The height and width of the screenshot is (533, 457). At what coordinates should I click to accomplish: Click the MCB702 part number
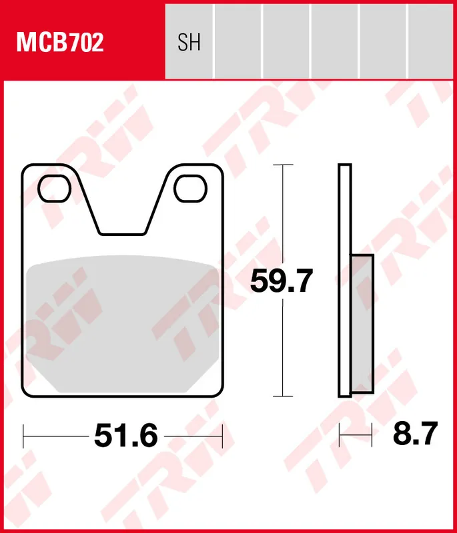pyautogui.click(x=60, y=43)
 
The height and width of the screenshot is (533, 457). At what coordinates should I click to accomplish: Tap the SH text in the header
pyautogui.click(x=189, y=43)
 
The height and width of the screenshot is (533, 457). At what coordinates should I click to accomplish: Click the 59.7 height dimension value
pyautogui.click(x=281, y=281)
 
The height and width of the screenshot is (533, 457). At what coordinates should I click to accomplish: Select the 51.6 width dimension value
pyautogui.click(x=126, y=436)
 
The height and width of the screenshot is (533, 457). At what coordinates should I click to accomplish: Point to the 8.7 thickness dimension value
pyautogui.click(x=414, y=435)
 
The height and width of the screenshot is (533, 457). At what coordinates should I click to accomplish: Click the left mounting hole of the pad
pyautogui.click(x=54, y=188)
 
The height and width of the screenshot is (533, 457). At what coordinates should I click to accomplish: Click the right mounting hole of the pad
pyautogui.click(x=190, y=188)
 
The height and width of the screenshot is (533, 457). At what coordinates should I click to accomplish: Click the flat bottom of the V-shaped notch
pyautogui.click(x=122, y=233)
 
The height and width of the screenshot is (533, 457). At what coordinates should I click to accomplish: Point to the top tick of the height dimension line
pyautogui.click(x=284, y=165)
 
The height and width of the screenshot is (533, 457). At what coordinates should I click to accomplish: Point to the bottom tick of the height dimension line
pyautogui.click(x=284, y=396)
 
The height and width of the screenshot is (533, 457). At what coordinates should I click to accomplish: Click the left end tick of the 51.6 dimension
pyautogui.click(x=23, y=436)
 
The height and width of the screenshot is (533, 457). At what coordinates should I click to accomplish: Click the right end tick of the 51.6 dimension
pyautogui.click(x=222, y=436)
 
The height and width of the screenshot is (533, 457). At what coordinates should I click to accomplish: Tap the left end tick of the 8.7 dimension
pyautogui.click(x=340, y=436)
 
